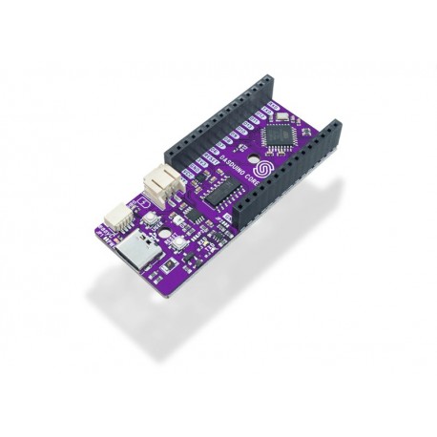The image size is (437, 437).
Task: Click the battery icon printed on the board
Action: pyautogui.click(x=146, y=202)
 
